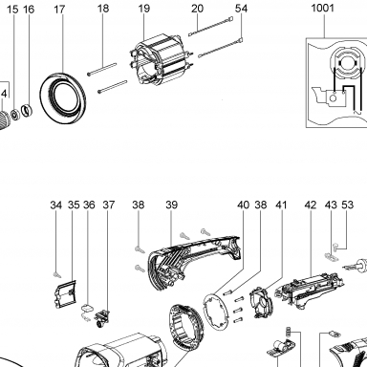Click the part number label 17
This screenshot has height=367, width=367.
pos(59,10)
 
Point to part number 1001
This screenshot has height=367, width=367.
pos(323,8)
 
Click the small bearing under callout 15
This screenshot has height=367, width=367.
pos(14,114)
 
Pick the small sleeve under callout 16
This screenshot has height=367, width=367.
pos(27,110)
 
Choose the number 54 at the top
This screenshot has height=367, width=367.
pos(241,9)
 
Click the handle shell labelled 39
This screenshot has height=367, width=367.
pos(194,262)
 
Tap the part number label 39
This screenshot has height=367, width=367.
pos(171,205)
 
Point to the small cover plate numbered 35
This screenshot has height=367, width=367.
pos(65,294)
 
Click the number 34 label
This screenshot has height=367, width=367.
pos(56,205)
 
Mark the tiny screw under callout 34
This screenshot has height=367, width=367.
pos(57,273)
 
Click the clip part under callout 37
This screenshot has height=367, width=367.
pos(102,317)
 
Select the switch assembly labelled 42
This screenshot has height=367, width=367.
pos(309,289)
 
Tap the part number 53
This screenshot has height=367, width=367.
pos(348,205)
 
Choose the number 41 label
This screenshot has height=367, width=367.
pos(281,205)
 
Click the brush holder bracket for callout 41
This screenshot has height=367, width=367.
pos(262,302)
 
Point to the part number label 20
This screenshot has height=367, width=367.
pos(198,9)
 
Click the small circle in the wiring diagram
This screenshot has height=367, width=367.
pos(333,98)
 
